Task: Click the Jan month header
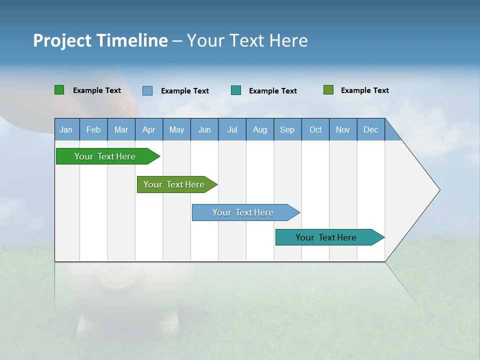coord(66,129)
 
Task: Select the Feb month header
coord(93,129)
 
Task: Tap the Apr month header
coord(148,129)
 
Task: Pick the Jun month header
coord(204,129)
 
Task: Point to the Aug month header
coord(259,129)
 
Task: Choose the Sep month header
coord(287,129)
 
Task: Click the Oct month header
coord(315,129)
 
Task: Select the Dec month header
coord(370,129)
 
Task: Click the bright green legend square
coord(59,90)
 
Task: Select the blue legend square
coord(147,90)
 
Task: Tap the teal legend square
coord(236,90)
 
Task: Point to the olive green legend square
coord(328,90)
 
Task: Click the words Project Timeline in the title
coord(100,40)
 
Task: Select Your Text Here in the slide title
coord(247,40)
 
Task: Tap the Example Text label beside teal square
coord(272,91)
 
